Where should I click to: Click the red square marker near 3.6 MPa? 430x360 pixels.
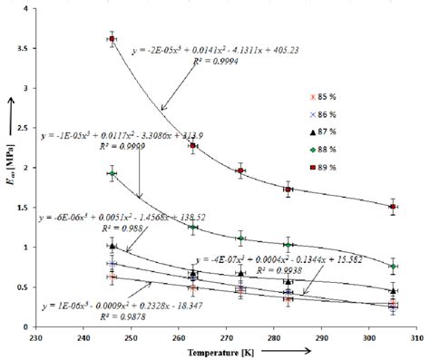[x=112, y=39]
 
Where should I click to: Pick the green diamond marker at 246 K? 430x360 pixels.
[x=112, y=173]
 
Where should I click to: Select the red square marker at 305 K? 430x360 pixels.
[x=393, y=207]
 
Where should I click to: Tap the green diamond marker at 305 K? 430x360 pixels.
[x=393, y=267]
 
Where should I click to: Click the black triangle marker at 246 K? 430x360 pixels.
[x=112, y=245]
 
